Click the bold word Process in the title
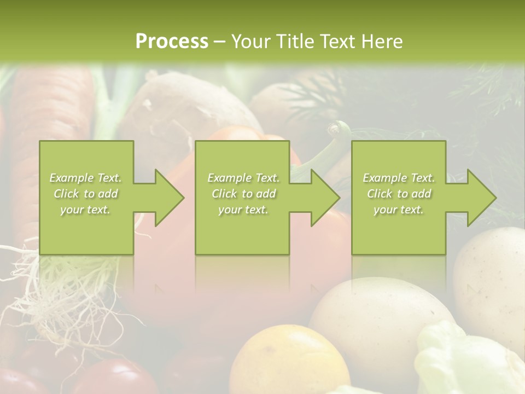pyautogui.click(x=172, y=42)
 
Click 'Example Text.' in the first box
pyautogui.click(x=86, y=178)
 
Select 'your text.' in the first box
pyautogui.click(x=86, y=210)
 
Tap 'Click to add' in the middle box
pyautogui.click(x=243, y=194)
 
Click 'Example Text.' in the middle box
pyautogui.click(x=243, y=178)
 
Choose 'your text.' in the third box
pyautogui.click(x=399, y=210)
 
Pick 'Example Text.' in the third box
pyautogui.click(x=399, y=178)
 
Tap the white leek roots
pyautogui.click(x=49, y=290)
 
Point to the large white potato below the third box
pyautogui.click(x=377, y=312)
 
